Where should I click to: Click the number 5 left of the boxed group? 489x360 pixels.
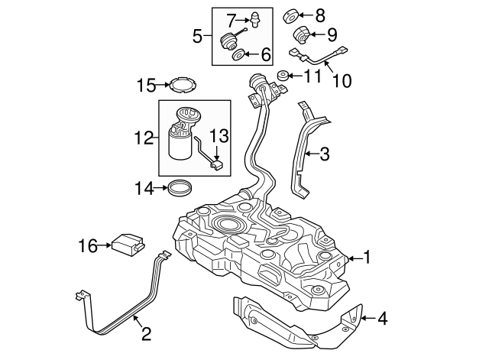tap(196, 35)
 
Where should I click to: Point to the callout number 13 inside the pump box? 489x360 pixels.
tap(219, 135)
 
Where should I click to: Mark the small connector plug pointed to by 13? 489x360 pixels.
tap(218, 163)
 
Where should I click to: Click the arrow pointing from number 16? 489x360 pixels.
tap(105, 245)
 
